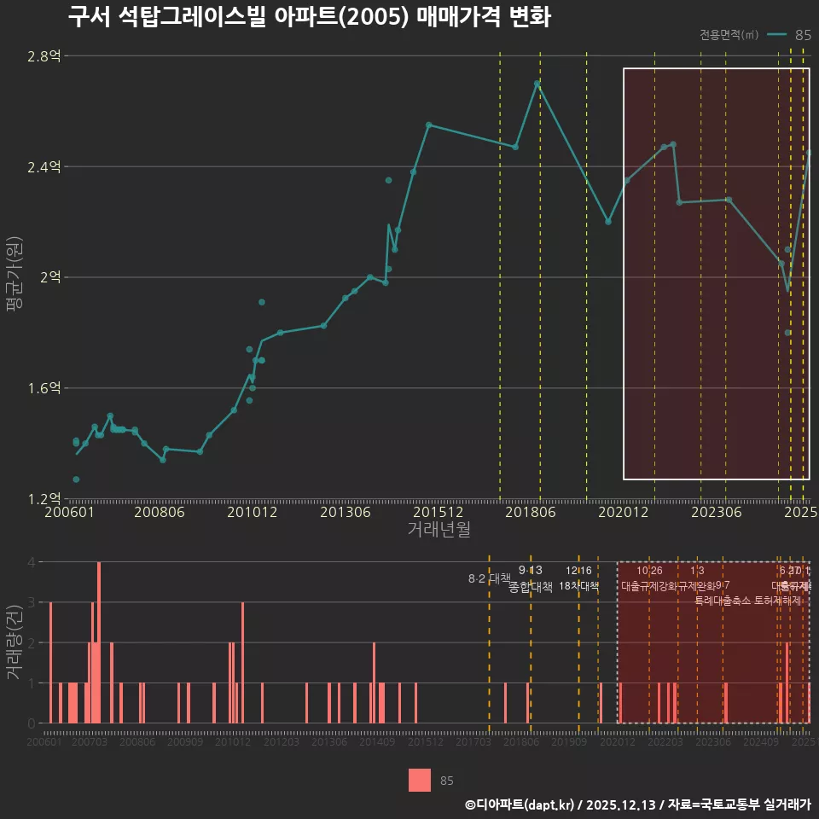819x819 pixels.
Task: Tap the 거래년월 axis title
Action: (x=439, y=530)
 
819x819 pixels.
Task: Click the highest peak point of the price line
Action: (x=537, y=84)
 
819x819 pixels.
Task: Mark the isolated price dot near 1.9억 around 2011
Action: (x=262, y=302)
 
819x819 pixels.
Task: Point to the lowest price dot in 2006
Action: (x=76, y=479)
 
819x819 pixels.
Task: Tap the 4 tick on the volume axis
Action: (x=31, y=562)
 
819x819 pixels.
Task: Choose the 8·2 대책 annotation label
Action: (x=489, y=578)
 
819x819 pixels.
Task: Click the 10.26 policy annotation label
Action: (x=649, y=571)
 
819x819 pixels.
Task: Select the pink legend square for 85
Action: (x=420, y=780)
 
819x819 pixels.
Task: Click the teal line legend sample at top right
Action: (x=775, y=35)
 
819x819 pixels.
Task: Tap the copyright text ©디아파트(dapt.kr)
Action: (x=521, y=804)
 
